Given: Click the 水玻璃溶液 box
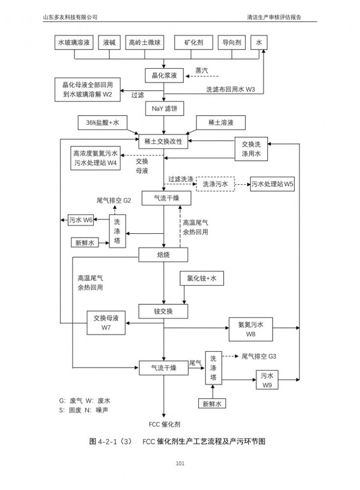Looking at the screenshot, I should [x=74, y=43].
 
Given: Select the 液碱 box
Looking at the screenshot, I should [x=109, y=43].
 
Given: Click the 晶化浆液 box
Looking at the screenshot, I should [x=164, y=75].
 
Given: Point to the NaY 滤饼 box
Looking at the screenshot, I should [x=164, y=108].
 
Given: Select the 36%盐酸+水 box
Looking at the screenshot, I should [x=102, y=123].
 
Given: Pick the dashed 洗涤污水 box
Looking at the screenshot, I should [x=215, y=184].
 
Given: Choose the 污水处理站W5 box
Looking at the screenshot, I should [x=273, y=184].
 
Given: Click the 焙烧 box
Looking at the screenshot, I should [x=163, y=255].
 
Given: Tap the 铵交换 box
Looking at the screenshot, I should [x=163, y=311].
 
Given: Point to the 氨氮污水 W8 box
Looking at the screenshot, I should [x=251, y=329].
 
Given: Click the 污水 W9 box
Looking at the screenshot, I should [x=267, y=380].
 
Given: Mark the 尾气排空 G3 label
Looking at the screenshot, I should [x=259, y=356].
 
